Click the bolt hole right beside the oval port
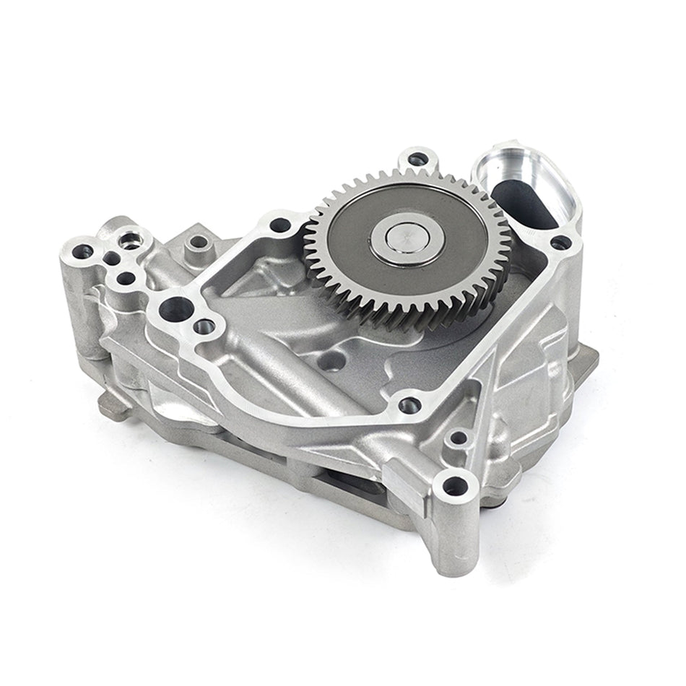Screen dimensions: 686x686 [x=560, y=243]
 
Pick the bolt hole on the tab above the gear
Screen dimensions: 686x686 [x=417, y=159]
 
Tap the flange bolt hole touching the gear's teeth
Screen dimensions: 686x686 [x=280, y=225]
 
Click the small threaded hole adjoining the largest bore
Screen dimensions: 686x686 [x=204, y=326]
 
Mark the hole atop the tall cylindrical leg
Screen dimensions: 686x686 [x=454, y=486]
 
